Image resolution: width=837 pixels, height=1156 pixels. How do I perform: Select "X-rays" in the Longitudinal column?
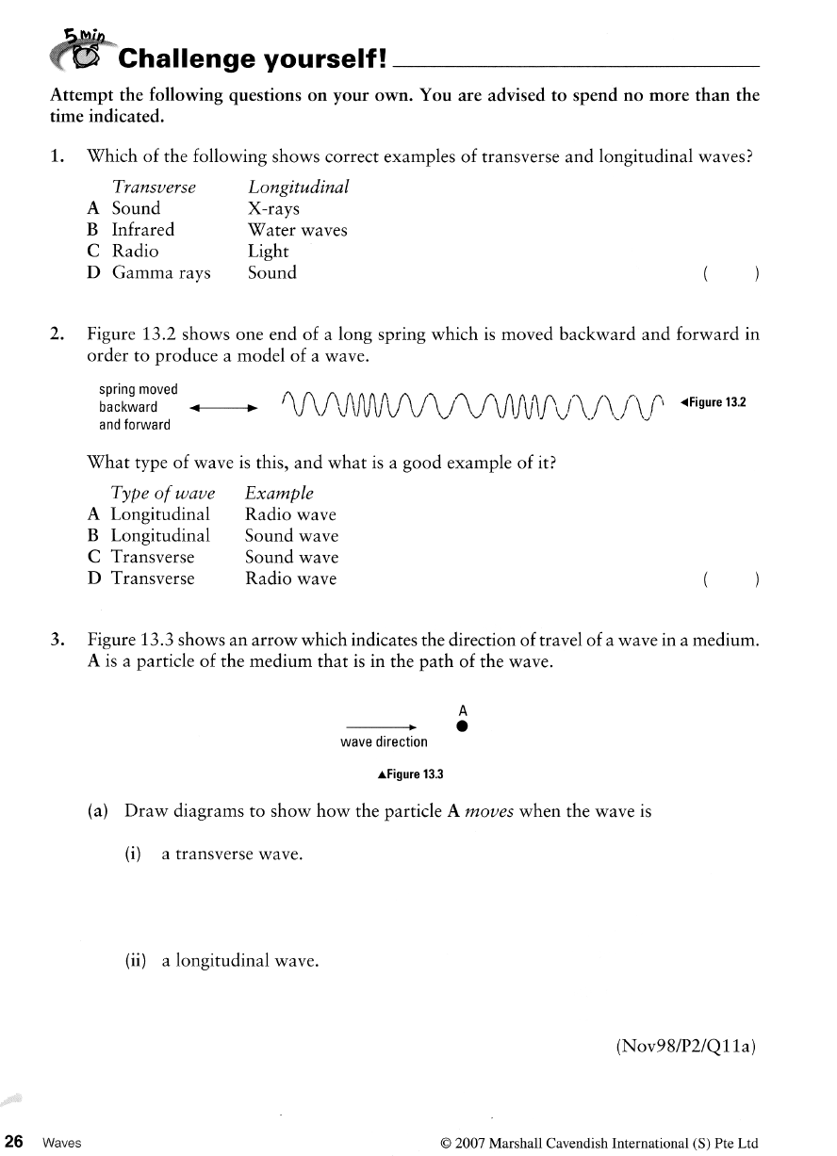click(x=273, y=208)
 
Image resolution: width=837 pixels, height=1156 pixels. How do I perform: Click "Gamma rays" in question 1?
click(x=161, y=273)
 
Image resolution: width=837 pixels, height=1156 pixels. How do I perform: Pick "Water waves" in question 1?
click(x=297, y=230)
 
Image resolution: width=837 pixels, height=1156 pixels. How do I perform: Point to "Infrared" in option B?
click(x=143, y=230)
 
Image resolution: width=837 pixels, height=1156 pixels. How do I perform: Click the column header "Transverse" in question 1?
click(x=154, y=187)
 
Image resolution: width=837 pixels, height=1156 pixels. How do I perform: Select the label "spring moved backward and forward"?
click(x=139, y=407)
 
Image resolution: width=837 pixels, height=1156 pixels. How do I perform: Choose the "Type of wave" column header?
click(x=163, y=493)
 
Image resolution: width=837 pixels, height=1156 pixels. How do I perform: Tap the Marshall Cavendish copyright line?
click(x=599, y=1143)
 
